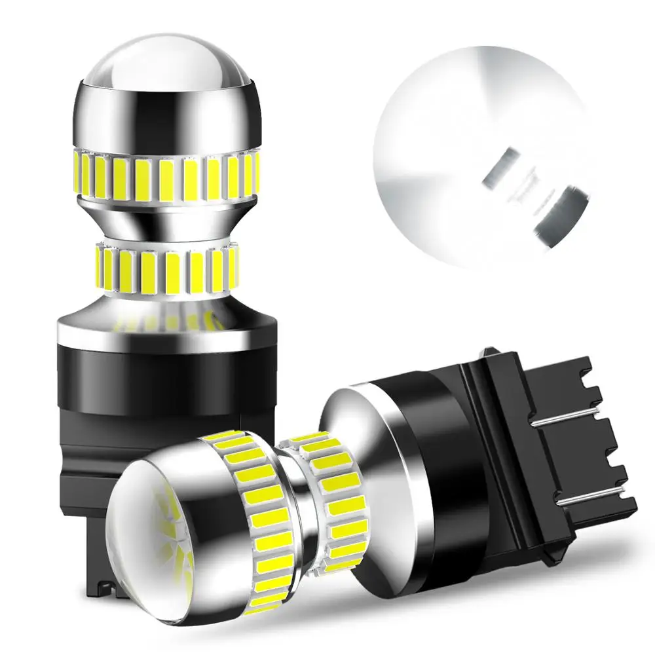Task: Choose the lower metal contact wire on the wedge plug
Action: tap(589, 501)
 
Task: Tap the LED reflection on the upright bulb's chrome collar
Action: tap(164, 321)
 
